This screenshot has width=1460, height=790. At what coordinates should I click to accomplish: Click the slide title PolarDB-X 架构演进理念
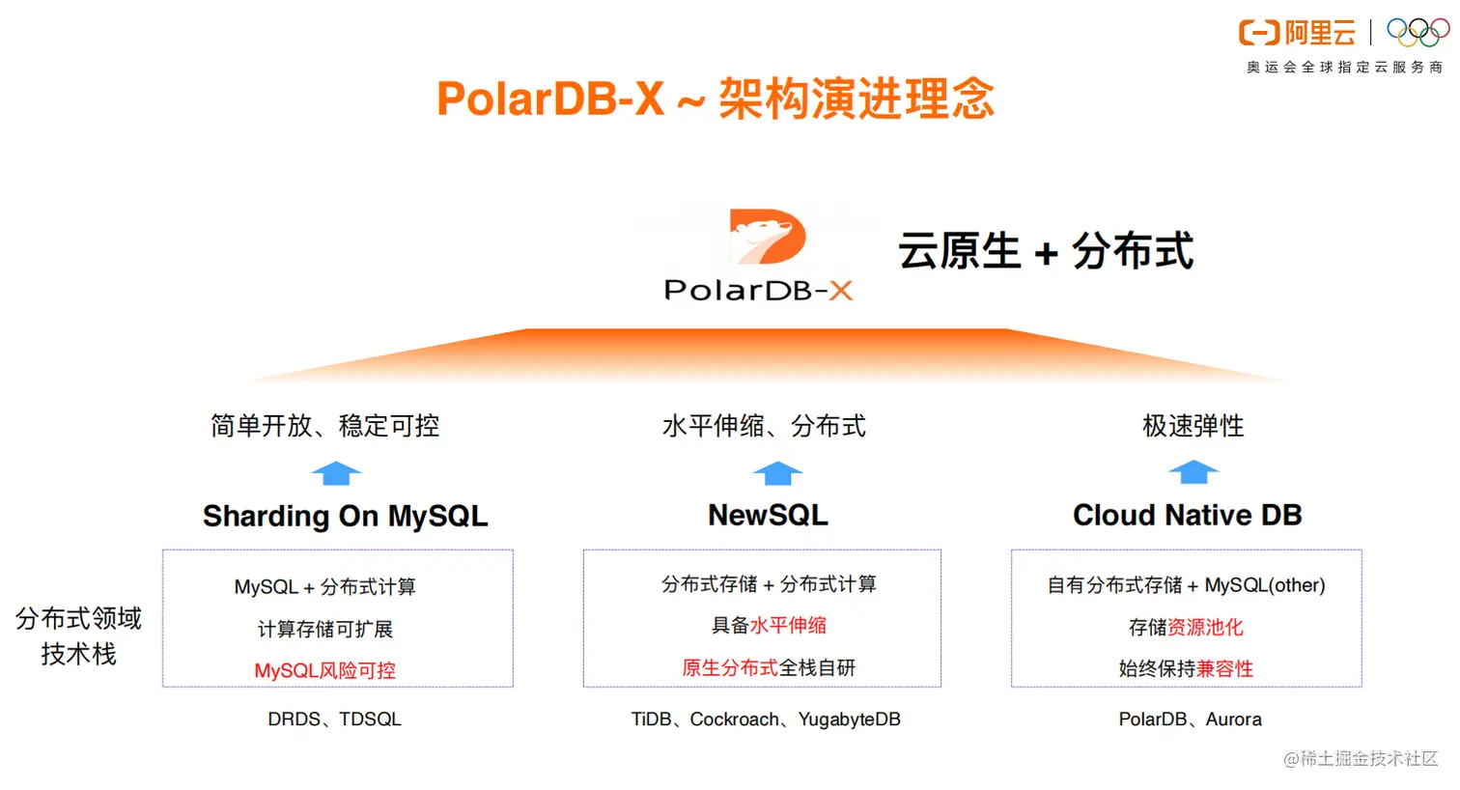coord(715,99)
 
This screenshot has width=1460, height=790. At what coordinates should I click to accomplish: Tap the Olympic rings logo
coord(1418,33)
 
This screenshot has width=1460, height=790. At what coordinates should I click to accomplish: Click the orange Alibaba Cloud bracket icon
coord(1259,34)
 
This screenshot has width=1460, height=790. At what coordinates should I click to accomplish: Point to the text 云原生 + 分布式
coord(1046,252)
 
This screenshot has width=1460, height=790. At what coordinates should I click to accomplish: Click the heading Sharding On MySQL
coord(345,517)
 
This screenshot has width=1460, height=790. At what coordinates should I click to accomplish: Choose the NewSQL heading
coord(768,516)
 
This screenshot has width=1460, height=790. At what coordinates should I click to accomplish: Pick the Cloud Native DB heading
coord(1187,516)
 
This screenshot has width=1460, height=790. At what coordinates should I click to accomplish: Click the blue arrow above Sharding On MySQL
coord(336,473)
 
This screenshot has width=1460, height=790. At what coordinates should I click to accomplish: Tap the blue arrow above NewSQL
coord(777,473)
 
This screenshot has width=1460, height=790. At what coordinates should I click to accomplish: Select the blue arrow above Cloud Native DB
coord(1193,472)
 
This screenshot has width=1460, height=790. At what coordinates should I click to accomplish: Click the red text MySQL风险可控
coord(324,670)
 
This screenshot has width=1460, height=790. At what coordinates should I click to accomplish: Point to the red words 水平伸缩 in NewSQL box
coord(788,626)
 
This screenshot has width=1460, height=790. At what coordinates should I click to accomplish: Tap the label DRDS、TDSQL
coord(334,719)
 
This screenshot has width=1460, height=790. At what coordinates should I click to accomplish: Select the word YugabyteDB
coord(849,719)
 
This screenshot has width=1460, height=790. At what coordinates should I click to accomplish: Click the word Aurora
coord(1233,719)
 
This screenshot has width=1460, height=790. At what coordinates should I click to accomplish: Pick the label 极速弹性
coord(1193,426)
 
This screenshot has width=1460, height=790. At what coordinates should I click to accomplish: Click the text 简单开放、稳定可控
coord(324,426)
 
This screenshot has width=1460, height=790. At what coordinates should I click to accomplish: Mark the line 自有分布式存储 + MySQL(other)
coord(1186,585)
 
